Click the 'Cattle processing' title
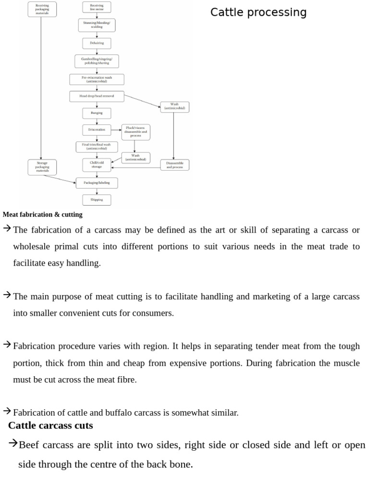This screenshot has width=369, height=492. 258,12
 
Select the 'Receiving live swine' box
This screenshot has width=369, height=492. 97,7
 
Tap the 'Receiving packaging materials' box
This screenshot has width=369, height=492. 42,9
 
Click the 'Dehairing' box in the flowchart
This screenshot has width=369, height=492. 97,43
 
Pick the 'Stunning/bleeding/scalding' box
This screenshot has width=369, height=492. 97,25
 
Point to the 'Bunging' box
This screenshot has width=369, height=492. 97,113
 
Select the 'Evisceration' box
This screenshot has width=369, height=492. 97,130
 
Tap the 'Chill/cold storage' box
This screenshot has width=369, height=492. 97,165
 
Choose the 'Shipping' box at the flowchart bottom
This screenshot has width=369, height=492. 97,199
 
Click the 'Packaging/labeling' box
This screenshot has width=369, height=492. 97,183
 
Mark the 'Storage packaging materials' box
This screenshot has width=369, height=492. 42,167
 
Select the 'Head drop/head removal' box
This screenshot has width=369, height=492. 97,96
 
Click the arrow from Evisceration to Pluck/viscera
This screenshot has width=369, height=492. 116,130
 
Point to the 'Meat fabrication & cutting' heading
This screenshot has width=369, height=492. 42,215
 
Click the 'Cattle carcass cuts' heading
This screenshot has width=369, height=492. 50,426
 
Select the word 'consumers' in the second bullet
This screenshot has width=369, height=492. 155,313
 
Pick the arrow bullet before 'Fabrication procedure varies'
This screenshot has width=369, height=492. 7,344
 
